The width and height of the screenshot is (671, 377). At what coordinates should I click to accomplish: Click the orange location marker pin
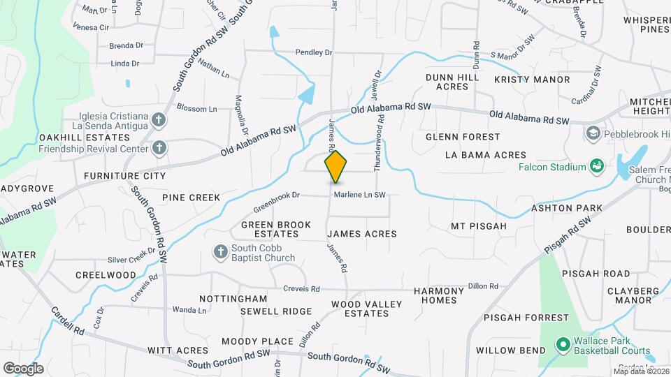pyautogui.click(x=336, y=167)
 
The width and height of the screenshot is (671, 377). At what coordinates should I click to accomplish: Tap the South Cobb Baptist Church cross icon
pyautogui.click(x=220, y=251)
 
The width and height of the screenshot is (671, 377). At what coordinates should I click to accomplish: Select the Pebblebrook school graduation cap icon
pyautogui.click(x=593, y=132)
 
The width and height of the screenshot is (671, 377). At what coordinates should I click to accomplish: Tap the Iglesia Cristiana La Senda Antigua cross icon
pyautogui.click(x=159, y=119)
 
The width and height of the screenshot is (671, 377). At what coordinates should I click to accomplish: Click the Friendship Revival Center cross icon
pyautogui.click(x=159, y=147)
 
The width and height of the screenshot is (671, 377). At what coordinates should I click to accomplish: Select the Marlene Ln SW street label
pyautogui.click(x=359, y=195)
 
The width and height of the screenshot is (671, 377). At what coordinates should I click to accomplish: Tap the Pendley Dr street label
pyautogui.click(x=313, y=52)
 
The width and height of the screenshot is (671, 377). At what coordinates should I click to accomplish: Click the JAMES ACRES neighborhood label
pyautogui.click(x=362, y=234)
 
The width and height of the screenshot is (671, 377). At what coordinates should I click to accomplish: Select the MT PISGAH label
pyautogui.click(x=477, y=226)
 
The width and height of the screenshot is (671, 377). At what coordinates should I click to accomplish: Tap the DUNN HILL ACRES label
pyautogui.click(x=452, y=82)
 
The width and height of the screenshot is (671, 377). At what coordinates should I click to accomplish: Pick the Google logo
pyautogui.click(x=23, y=368)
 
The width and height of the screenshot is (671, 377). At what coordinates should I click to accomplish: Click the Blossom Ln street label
pyautogui.click(x=197, y=109)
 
